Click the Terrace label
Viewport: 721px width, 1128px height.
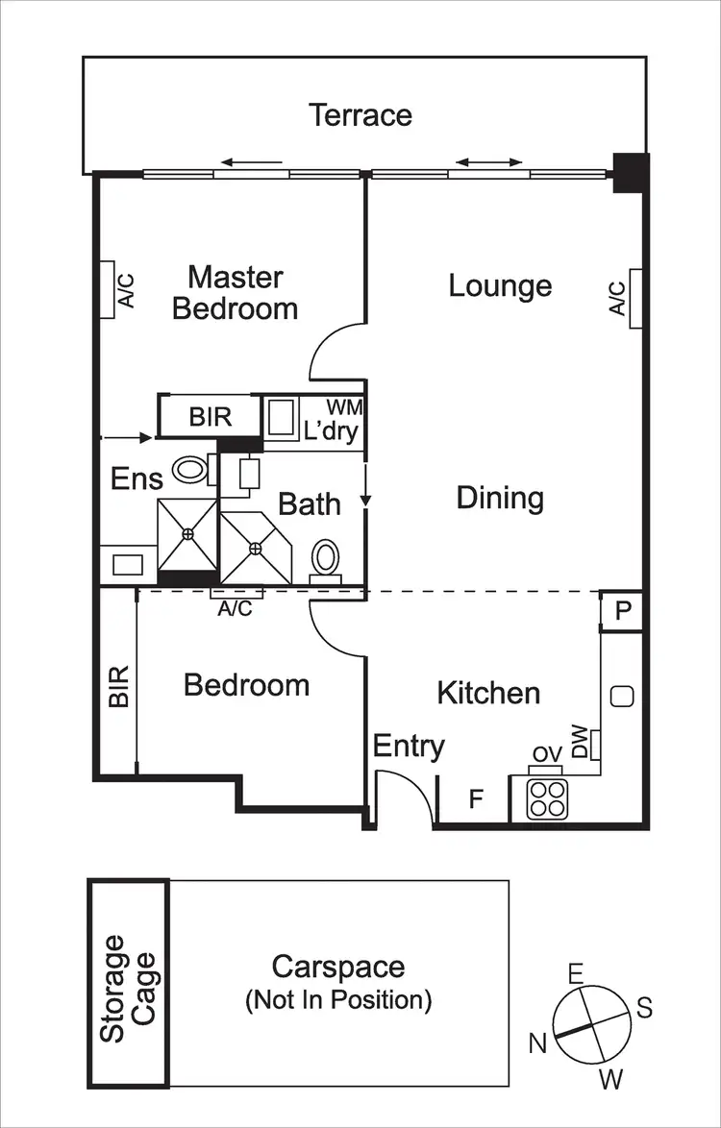point(360,115)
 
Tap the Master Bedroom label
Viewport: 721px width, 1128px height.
point(236,293)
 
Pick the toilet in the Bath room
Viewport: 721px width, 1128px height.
point(326,558)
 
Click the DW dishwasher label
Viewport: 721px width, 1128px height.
point(580,743)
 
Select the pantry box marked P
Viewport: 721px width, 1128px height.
point(621,612)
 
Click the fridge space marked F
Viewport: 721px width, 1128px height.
point(475,799)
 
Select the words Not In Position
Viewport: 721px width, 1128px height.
point(338,1001)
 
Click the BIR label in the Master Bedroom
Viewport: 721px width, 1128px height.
point(210,417)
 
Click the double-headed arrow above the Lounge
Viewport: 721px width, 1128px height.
point(489,162)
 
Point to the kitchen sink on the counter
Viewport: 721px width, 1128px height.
point(622,697)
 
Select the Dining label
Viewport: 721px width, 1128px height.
point(500,498)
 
